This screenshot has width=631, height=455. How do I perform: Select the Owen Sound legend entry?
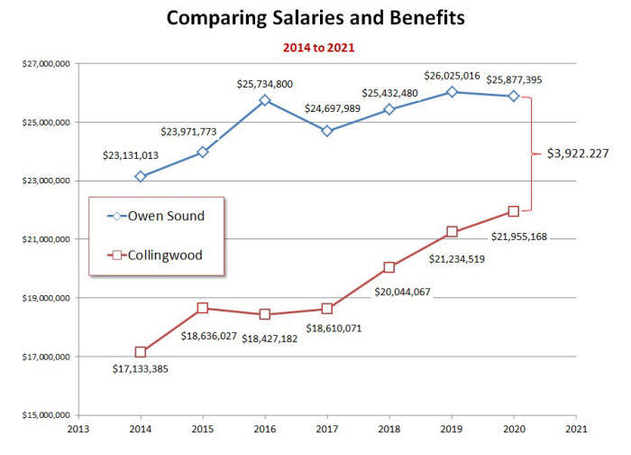155,217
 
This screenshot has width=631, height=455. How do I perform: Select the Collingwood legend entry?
156,255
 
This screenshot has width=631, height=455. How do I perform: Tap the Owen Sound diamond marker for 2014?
140,176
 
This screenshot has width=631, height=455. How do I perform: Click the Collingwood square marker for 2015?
203,308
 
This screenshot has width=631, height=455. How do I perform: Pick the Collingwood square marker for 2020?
514,211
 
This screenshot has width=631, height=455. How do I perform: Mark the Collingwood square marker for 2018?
389,267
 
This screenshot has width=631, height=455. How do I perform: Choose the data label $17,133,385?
141,368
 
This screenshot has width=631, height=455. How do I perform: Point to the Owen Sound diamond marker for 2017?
327,131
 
